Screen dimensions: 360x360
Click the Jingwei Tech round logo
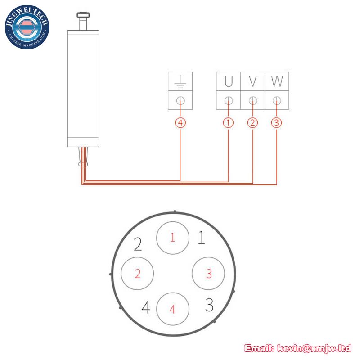click(27, 27)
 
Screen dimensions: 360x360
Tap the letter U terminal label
click(229, 81)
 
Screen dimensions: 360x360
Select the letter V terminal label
click(253, 81)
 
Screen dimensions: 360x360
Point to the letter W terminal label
click(277, 81)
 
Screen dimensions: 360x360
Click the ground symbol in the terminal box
click(180, 82)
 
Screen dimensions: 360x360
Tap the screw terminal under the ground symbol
click(180, 100)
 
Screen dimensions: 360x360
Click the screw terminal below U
click(229, 100)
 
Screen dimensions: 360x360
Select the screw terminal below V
click(253, 100)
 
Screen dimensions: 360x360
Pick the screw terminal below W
click(277, 100)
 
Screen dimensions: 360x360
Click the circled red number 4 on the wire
click(180, 123)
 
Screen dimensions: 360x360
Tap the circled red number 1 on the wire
click(229, 123)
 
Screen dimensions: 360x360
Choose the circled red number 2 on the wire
click(252, 123)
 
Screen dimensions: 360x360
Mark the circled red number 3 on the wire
click(277, 123)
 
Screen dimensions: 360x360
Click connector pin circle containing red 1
click(173, 238)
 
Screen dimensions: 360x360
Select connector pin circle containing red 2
click(137, 274)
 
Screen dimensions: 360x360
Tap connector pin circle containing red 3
click(208, 274)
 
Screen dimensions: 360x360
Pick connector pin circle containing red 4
click(173, 309)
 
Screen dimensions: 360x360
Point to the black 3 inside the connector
click(209, 305)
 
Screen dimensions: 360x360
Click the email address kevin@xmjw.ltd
click(314, 348)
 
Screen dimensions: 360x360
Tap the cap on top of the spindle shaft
click(83, 15)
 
